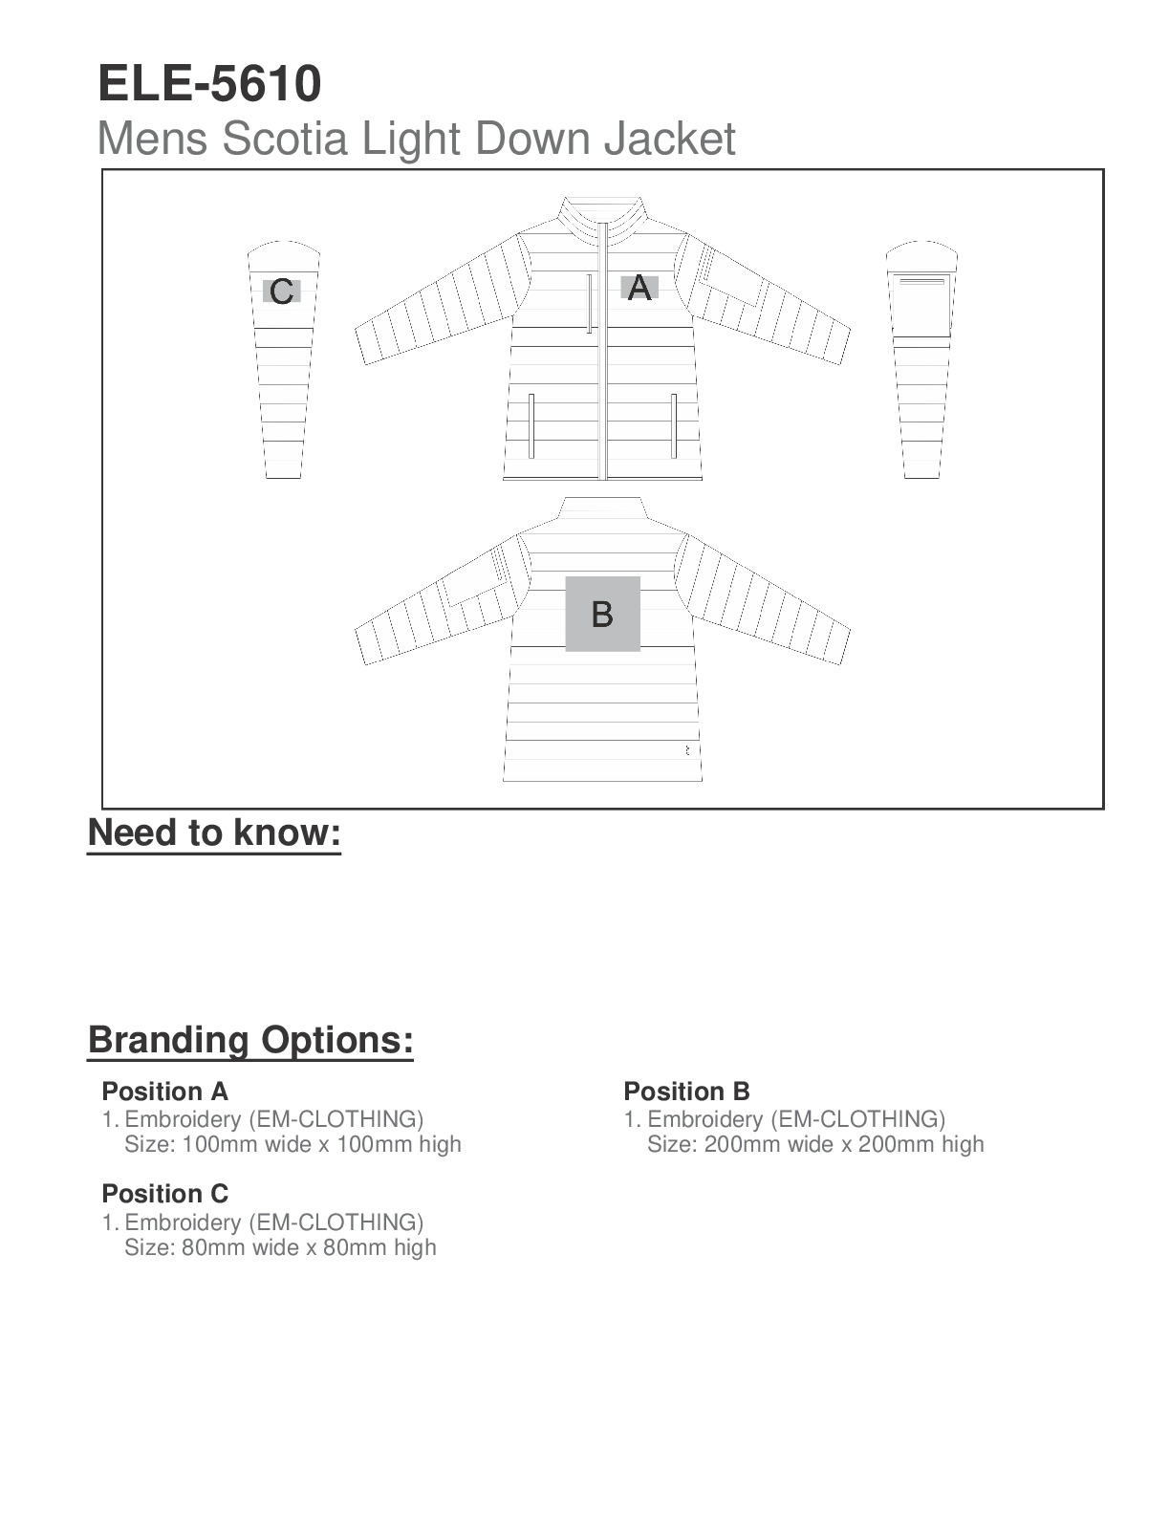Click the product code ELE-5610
pyautogui.click(x=209, y=84)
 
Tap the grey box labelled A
pyautogui.click(x=639, y=287)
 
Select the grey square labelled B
pyautogui.click(x=602, y=614)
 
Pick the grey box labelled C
pyautogui.click(x=282, y=291)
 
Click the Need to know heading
pyautogui.click(x=214, y=833)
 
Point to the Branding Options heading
pyautogui.click(x=250, y=1040)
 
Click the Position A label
pyautogui.click(x=164, y=1092)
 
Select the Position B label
pyautogui.click(x=686, y=1092)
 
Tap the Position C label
pyautogui.click(x=164, y=1194)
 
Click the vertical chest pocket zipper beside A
pyautogui.click(x=590, y=303)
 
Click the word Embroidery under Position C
pyautogui.click(x=183, y=1222)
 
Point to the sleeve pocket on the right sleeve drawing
pyautogui.click(x=921, y=304)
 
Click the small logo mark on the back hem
pyautogui.click(x=687, y=751)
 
